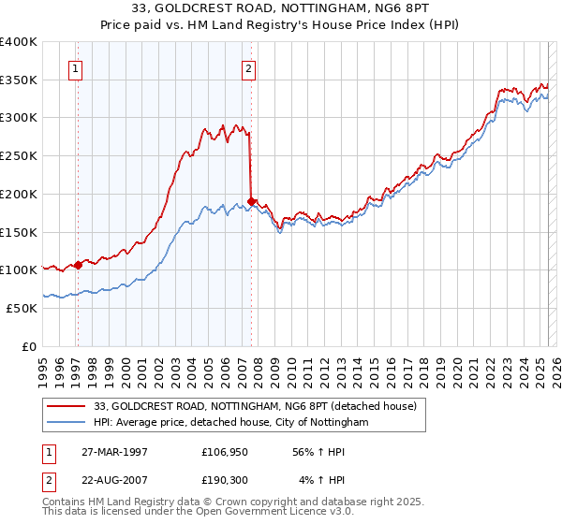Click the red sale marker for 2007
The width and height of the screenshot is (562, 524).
(252, 200)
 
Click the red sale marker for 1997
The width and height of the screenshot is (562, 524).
(78, 264)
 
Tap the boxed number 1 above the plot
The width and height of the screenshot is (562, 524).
(74, 67)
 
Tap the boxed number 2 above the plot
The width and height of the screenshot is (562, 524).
(248, 67)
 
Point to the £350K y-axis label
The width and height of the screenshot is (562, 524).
(19, 80)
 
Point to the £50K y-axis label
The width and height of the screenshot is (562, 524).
(22, 308)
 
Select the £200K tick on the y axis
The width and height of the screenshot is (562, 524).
(19, 194)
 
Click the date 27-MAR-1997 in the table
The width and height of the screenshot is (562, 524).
(109, 452)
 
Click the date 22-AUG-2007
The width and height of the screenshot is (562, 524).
(109, 481)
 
